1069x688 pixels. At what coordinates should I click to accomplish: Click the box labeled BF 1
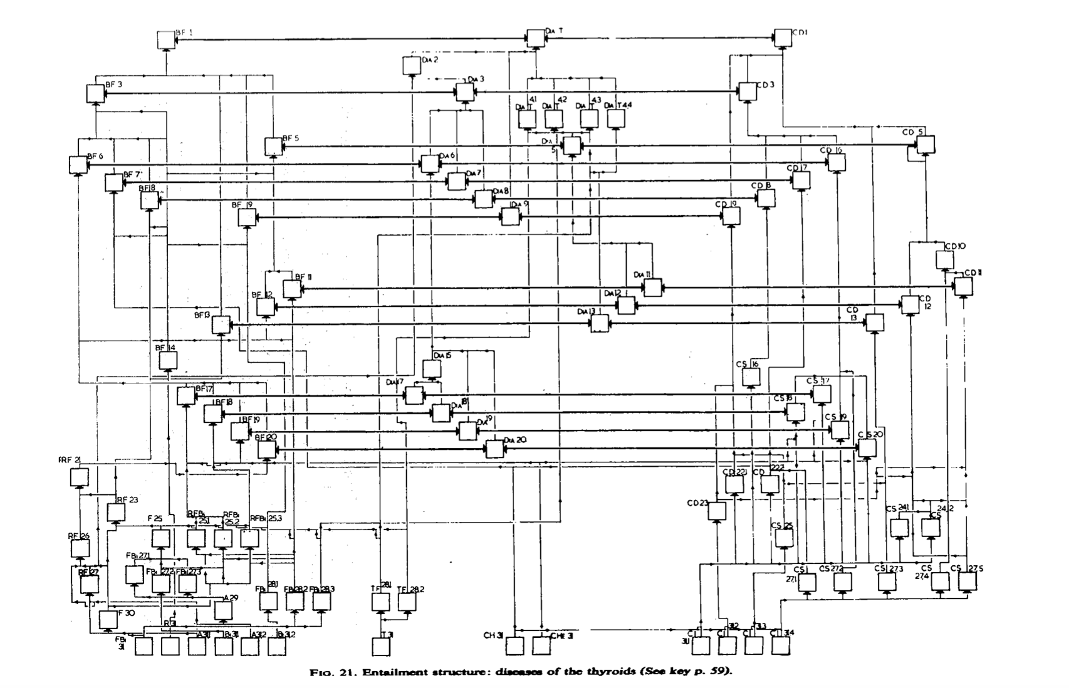(165, 39)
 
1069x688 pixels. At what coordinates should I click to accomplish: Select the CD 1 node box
(783, 38)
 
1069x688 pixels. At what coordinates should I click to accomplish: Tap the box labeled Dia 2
(411, 65)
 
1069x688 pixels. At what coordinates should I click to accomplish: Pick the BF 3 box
(95, 93)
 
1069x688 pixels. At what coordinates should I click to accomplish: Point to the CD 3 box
(748, 91)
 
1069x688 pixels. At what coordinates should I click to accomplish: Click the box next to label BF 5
(273, 146)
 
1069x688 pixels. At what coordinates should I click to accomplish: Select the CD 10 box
(945, 259)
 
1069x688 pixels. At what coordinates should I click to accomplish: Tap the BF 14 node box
(168, 360)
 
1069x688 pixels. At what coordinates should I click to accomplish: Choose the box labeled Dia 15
(432, 368)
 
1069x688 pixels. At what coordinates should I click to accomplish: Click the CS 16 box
(751, 377)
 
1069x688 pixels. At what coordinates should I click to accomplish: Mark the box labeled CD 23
(717, 511)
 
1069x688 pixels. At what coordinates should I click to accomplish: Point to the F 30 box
(108, 620)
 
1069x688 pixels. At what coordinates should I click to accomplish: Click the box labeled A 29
(223, 610)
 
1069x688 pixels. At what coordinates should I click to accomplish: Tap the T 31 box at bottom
(381, 647)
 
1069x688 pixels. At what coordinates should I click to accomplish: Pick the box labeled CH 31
(514, 646)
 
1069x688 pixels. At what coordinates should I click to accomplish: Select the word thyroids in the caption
(607, 672)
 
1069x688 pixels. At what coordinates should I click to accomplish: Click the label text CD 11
(973, 273)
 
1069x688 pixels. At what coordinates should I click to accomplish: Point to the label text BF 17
(204, 388)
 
